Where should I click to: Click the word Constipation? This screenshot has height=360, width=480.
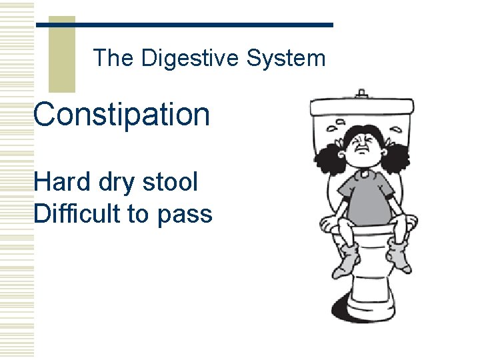pos(122,115)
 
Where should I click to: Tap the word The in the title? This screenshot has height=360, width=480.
pos(113,59)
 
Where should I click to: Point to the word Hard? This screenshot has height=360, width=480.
pos(62,181)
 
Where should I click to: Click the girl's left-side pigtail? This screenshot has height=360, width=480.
pos(329,159)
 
